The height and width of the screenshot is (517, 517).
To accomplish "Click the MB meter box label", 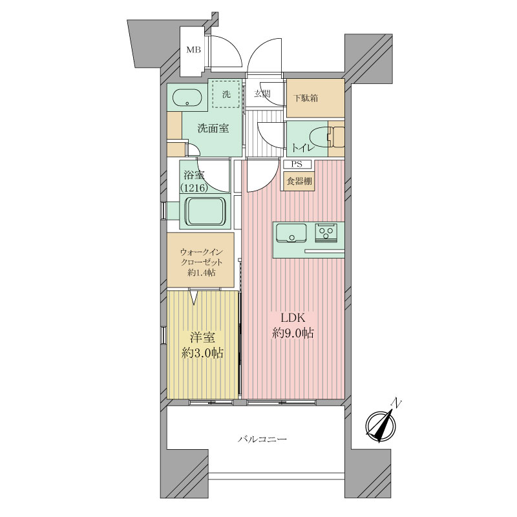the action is (193, 50).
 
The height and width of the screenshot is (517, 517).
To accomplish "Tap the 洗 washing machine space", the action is (226, 94).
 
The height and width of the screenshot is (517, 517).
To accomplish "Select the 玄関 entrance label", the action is (262, 93).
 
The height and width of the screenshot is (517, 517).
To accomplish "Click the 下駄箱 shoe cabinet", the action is (315, 98).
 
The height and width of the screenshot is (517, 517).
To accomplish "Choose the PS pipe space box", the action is (297, 164).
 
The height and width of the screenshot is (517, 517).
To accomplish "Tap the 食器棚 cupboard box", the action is (299, 181).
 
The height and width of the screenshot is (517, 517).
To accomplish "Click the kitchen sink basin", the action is (291, 233).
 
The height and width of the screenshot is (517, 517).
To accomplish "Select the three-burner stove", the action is (326, 233).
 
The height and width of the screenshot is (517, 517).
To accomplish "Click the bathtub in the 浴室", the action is (204, 212).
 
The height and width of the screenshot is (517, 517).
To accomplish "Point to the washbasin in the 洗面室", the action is (187, 98).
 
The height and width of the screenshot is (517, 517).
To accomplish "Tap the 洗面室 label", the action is (213, 129).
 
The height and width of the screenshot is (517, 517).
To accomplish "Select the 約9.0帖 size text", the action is (293, 333).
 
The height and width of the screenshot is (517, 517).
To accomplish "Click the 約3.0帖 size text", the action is (202, 353).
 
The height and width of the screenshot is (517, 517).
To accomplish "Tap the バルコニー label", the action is (263, 439).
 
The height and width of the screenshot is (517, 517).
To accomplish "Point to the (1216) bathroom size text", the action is (194, 188).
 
